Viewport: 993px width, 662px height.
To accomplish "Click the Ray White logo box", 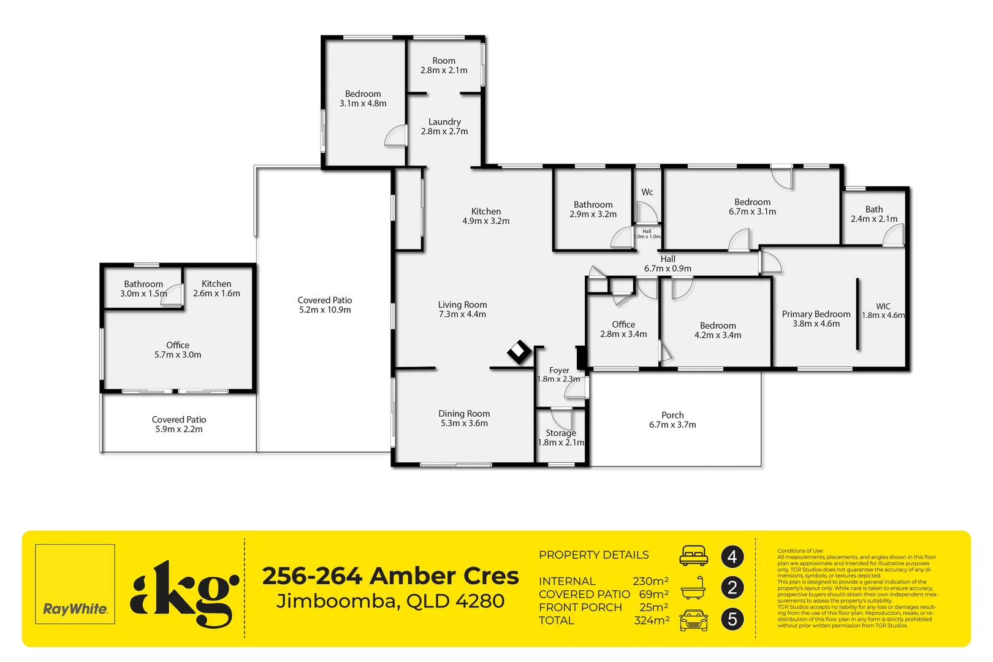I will point(75,584).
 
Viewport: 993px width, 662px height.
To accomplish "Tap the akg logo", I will point(184,593).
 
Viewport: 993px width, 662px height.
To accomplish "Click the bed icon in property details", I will point(693,555).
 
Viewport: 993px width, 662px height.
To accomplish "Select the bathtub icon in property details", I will point(693,587).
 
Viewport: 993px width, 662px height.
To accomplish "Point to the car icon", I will point(693,620).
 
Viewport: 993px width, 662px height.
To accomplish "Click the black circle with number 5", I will point(732,619).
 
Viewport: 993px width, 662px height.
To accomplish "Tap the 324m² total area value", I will point(651,620).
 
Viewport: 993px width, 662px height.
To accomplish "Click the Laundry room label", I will point(444,122).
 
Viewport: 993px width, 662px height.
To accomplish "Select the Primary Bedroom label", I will point(816,314).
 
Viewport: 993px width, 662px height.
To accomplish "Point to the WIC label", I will point(883,306).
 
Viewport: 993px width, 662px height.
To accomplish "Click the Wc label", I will point(647,192).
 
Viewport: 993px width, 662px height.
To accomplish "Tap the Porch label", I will point(672,415).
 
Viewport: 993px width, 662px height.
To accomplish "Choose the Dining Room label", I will point(464,414).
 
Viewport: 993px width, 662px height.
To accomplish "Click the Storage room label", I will point(561,433).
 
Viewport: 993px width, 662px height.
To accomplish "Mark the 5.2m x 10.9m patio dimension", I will point(325,310).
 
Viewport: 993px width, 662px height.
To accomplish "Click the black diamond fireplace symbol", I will point(519,352).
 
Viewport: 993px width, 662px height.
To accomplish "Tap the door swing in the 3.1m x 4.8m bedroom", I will point(395,135).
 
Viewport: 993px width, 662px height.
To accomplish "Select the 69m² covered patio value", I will point(653,594).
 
